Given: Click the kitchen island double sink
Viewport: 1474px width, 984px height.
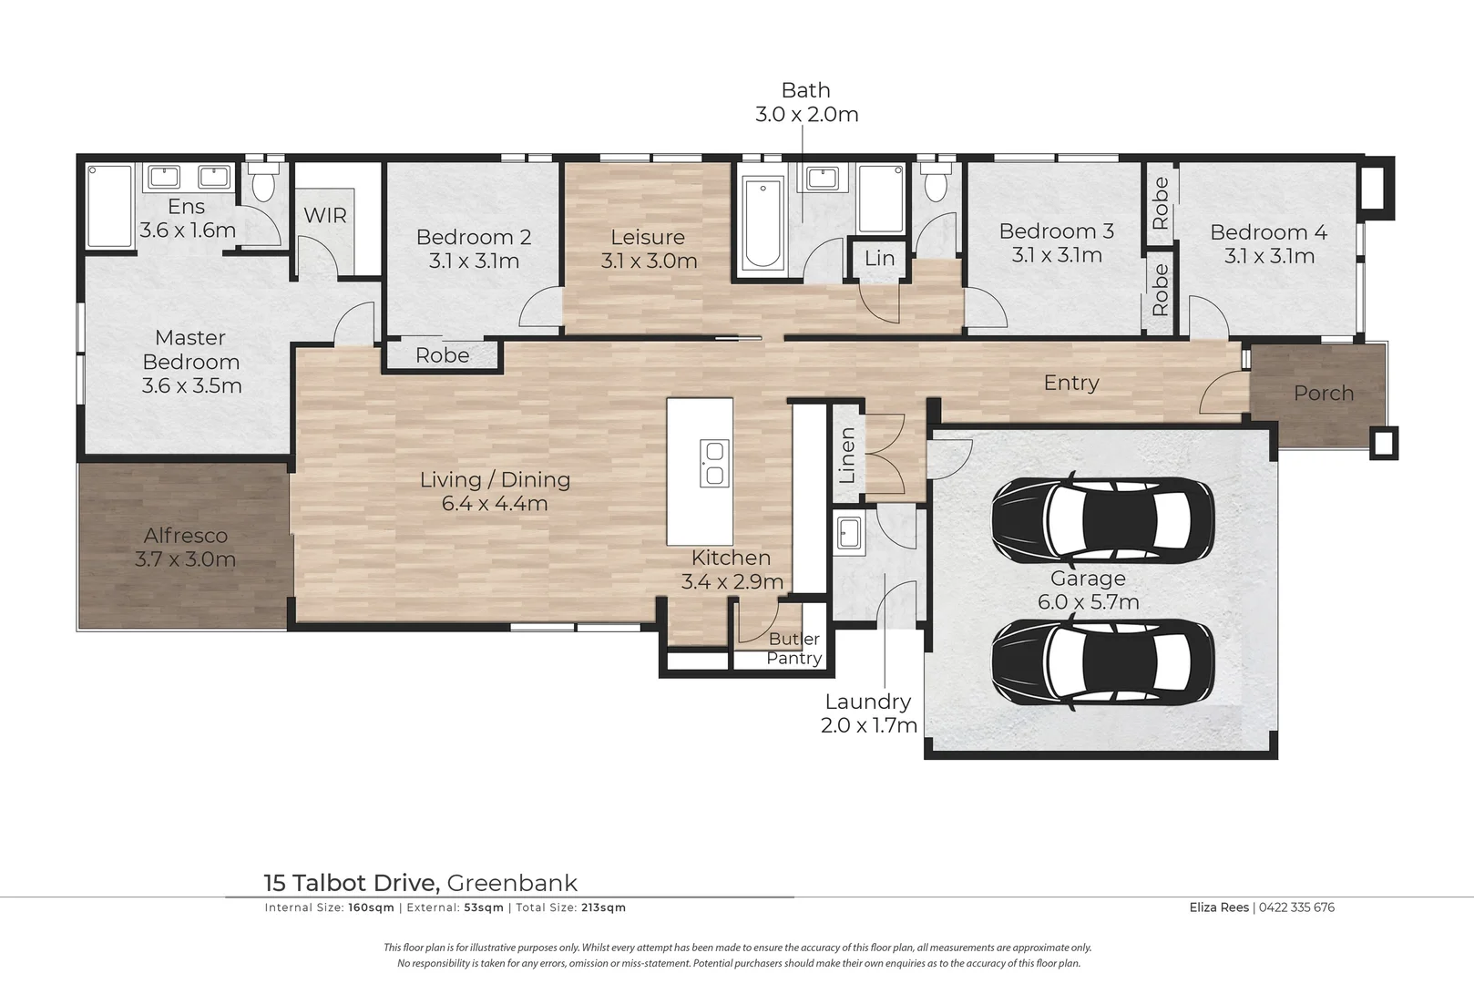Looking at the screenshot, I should point(714,463).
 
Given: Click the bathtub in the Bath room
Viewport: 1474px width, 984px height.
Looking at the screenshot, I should point(762,224).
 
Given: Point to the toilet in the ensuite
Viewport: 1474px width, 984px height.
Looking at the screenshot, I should point(264,185).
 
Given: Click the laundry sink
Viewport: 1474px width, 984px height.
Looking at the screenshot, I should point(849,532).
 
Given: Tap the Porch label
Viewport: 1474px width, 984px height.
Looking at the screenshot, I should point(1324,394).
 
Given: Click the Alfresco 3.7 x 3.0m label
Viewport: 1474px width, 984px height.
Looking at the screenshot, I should point(186,548).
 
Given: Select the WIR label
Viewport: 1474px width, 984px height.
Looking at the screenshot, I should point(325,216).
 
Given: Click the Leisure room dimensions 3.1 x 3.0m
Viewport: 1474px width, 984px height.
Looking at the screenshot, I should point(649,261).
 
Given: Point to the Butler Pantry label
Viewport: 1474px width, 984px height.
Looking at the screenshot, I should point(794,649).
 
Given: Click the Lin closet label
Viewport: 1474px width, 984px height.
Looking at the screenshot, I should point(879,259).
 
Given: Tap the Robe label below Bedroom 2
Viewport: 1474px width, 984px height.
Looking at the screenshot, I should point(442,355).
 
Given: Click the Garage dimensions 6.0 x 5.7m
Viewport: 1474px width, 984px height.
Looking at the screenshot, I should point(1088,602).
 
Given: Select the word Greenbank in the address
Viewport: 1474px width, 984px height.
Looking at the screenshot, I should point(513,883).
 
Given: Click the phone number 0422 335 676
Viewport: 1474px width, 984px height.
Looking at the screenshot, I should point(1296,907).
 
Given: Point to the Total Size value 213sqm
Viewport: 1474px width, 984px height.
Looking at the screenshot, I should point(603,907).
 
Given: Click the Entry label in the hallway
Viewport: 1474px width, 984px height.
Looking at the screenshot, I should point(1071,383).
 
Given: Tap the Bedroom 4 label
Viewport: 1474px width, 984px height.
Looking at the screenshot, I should point(1268,232).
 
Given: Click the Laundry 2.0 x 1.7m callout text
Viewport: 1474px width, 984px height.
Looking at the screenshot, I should point(868,713).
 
